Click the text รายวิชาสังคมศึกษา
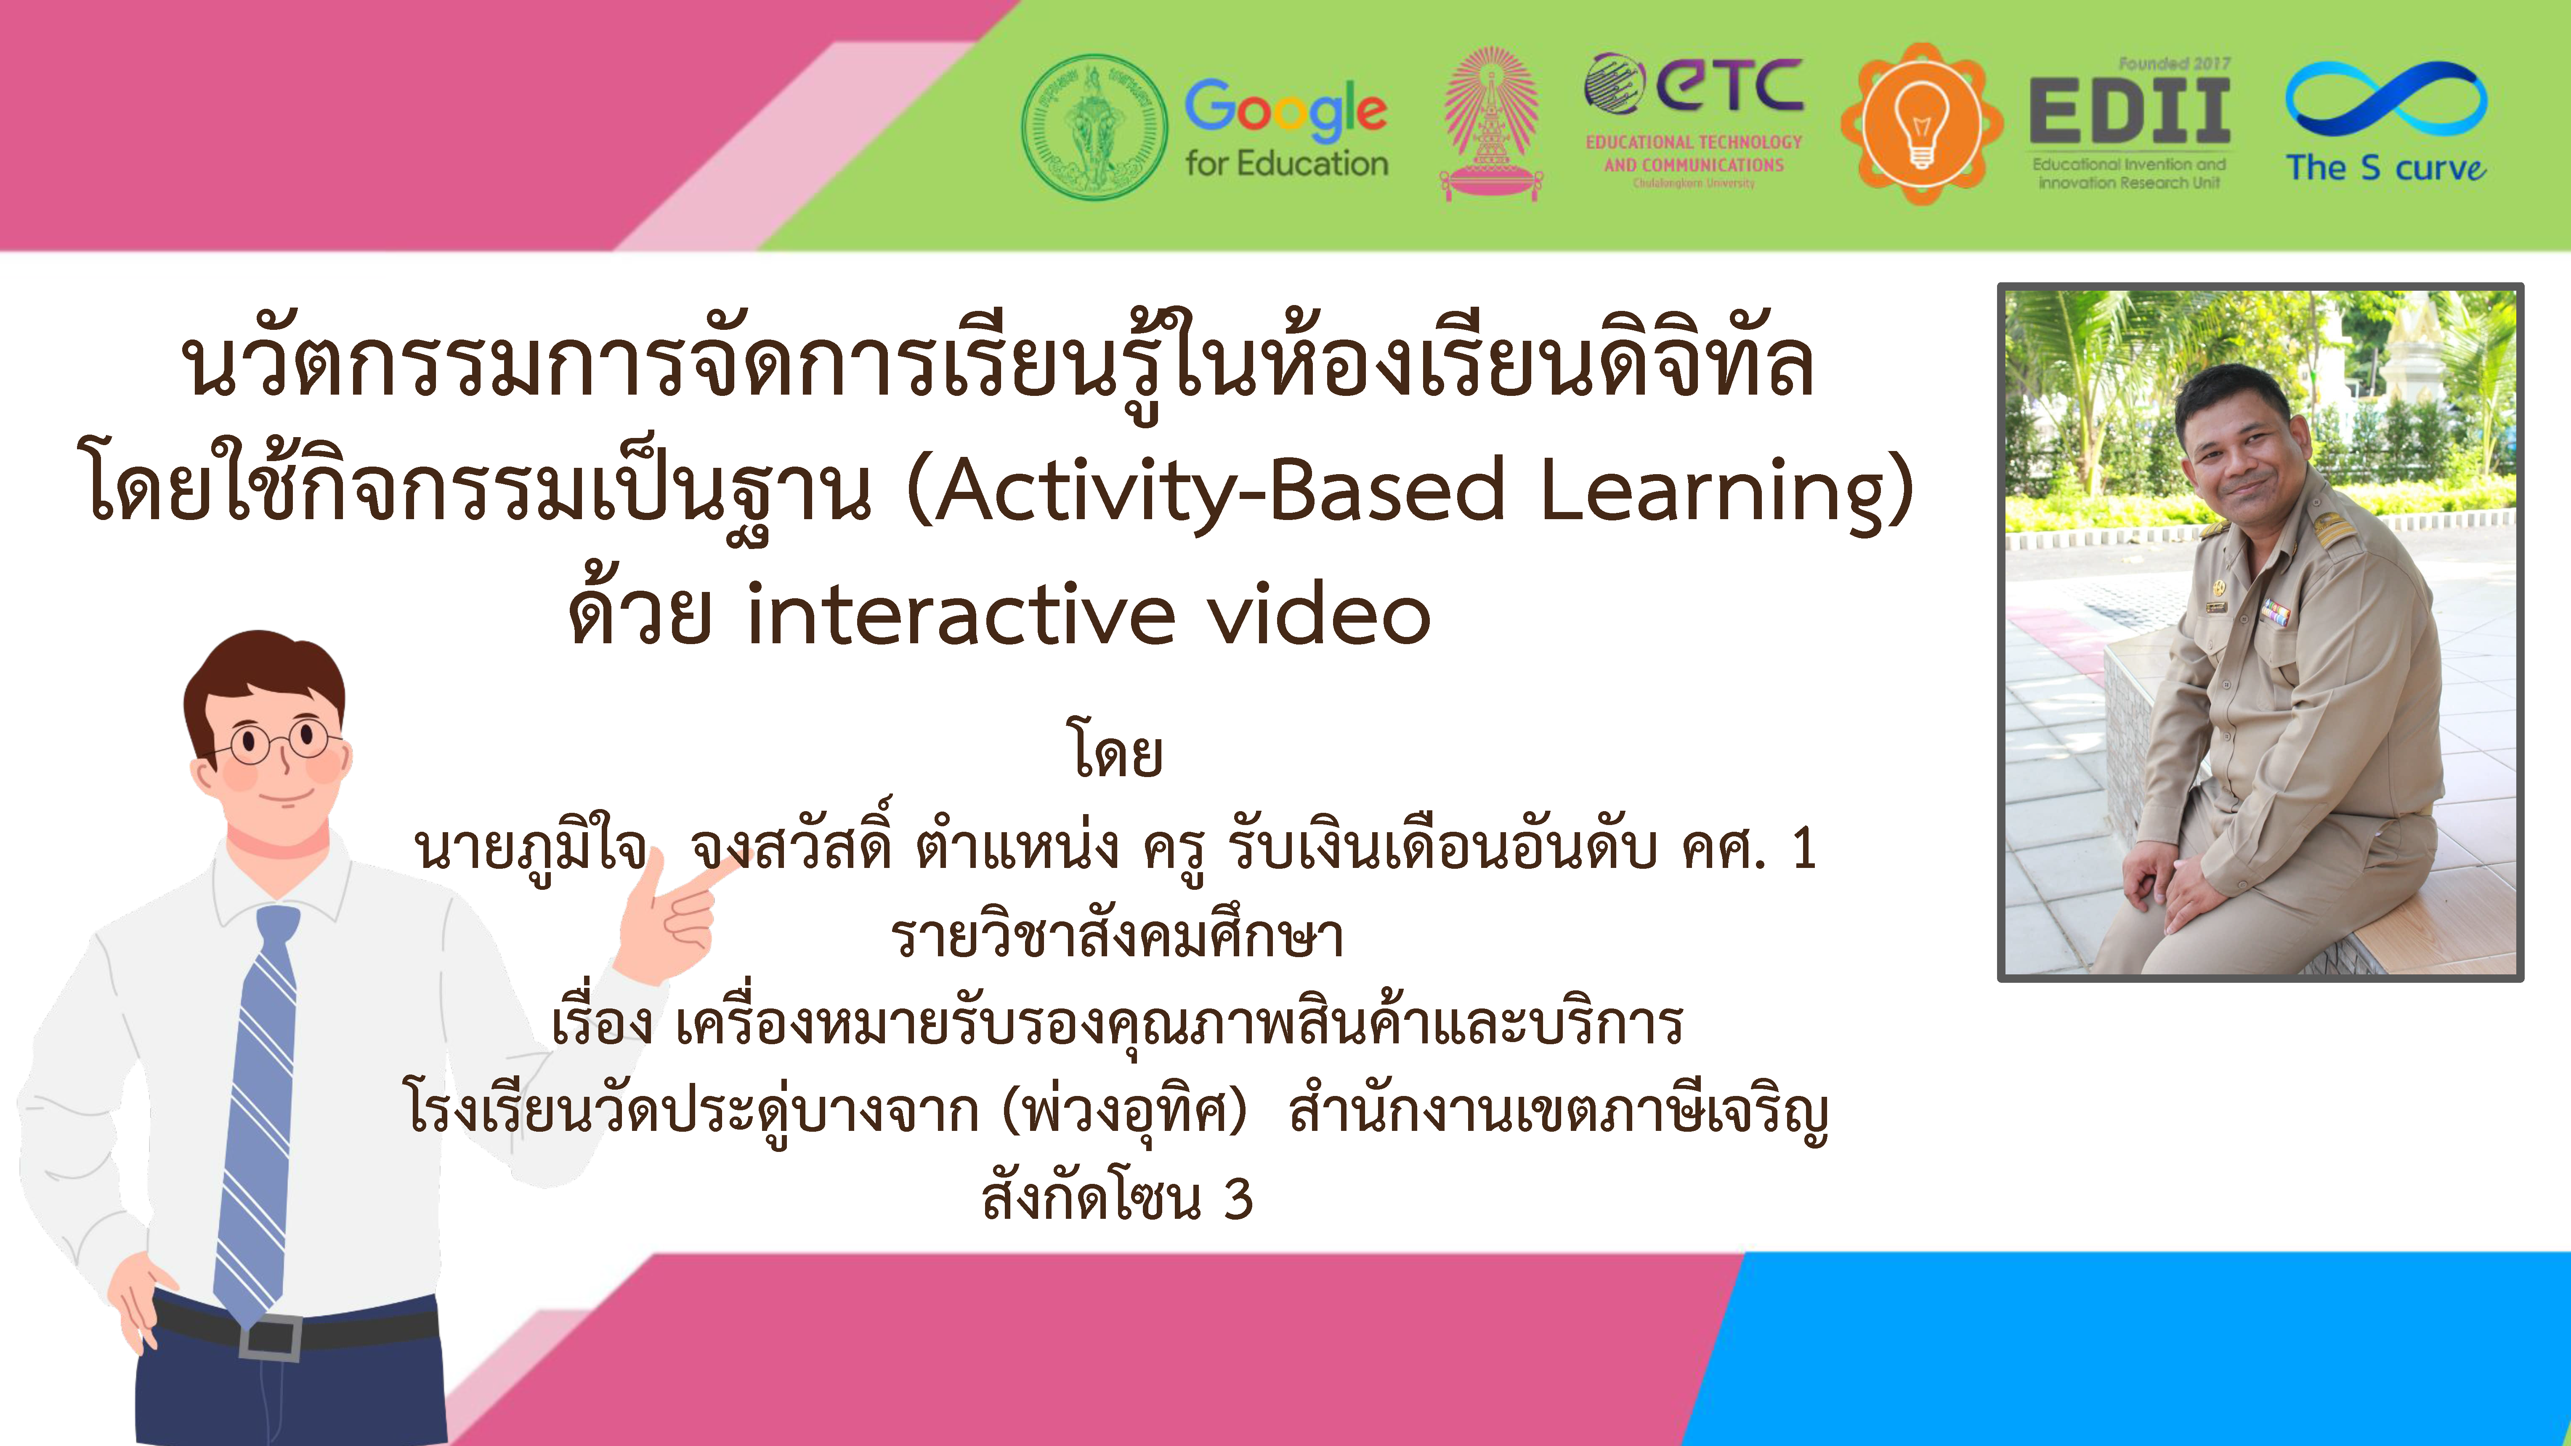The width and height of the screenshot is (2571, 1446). click(x=1118, y=936)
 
